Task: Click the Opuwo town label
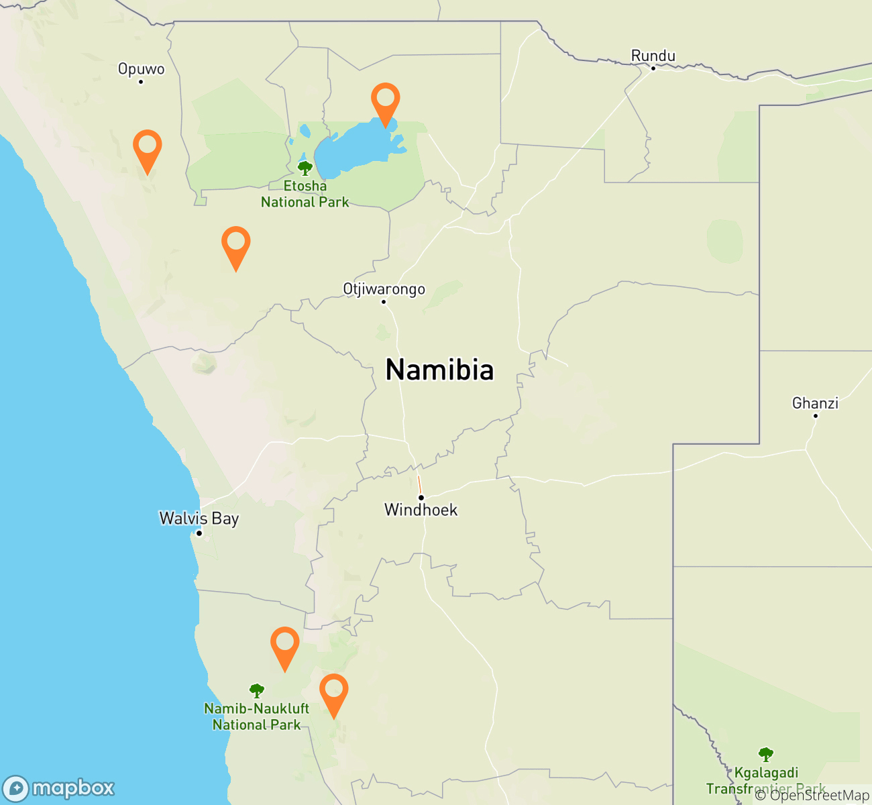(141, 69)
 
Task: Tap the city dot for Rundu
(653, 68)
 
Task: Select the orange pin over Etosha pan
(385, 100)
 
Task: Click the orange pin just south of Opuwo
(148, 147)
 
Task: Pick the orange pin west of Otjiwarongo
(235, 244)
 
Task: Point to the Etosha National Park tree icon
(305, 168)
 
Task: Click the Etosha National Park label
(305, 194)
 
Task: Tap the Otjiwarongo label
(384, 289)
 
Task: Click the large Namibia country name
(439, 370)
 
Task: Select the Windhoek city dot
(421, 498)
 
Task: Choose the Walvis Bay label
(199, 519)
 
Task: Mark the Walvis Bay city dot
(199, 533)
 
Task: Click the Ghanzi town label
(815, 403)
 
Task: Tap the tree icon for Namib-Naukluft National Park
(256, 690)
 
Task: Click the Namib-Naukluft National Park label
(257, 716)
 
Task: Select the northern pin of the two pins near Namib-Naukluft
(284, 644)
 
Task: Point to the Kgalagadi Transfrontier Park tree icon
(765, 754)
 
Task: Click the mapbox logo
(58, 788)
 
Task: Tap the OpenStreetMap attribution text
(812, 796)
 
